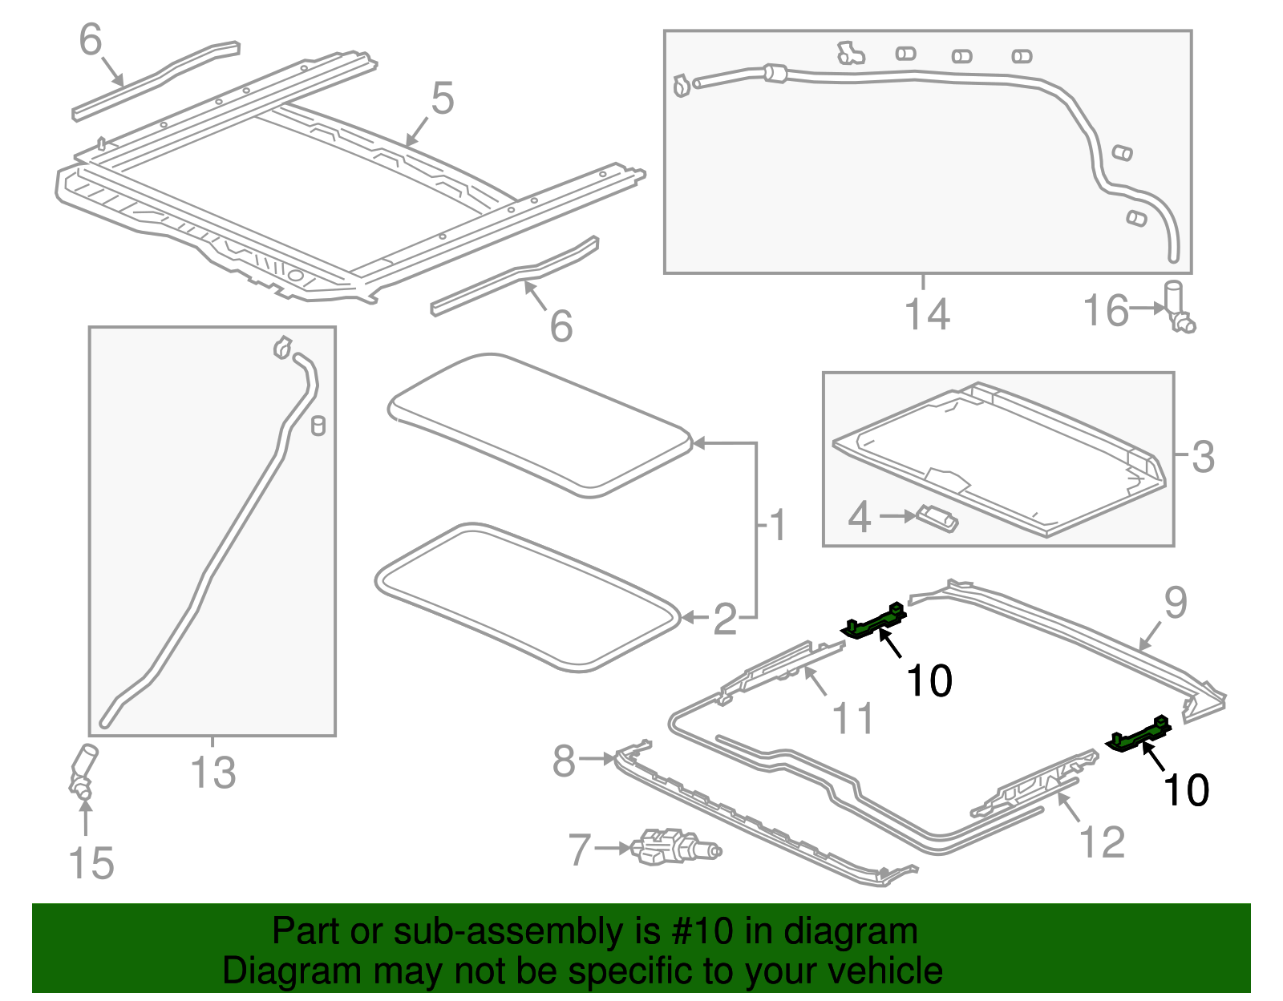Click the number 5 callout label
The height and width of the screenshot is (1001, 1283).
[x=443, y=99]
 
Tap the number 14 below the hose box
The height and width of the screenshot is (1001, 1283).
[x=927, y=313]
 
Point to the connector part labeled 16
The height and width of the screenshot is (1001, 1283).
[x=1179, y=307]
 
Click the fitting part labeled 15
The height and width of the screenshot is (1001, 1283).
[x=83, y=771]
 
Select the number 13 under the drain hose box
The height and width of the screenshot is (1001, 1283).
[x=213, y=773]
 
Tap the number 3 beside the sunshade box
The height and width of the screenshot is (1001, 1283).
[x=1203, y=457]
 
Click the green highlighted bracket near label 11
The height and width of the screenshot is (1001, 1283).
[x=874, y=622]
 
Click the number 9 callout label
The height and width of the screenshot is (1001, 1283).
[x=1175, y=603]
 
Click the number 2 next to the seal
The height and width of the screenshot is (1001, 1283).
[x=725, y=620]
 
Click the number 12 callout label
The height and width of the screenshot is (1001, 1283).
[x=1103, y=842]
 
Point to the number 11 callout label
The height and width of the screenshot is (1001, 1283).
[x=853, y=718]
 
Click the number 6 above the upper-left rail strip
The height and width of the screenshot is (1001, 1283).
[x=91, y=39]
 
